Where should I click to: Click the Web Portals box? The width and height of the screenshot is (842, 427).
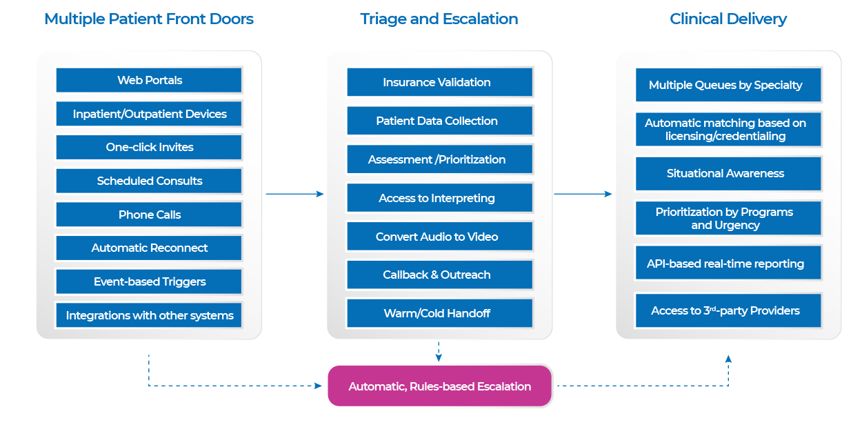pos(149,80)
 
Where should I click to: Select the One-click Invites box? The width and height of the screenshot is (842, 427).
pos(149,147)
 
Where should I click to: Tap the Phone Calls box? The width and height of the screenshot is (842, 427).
pos(149,215)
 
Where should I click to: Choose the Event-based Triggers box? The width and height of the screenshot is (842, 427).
pos(149,281)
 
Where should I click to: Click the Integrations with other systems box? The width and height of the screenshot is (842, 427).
pos(149,315)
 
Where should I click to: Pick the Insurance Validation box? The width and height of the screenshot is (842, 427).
pos(439,82)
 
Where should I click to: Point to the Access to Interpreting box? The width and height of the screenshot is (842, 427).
pos(439,198)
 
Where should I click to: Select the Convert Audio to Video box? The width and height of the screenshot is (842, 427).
pos(439,237)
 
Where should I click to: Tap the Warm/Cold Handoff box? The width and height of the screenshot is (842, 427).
pos(439,313)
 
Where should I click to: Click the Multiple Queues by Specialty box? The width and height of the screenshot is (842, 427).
pos(728,85)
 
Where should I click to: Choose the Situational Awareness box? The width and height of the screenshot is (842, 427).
pos(728,173)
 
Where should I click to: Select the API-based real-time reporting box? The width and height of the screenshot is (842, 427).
pos(728,264)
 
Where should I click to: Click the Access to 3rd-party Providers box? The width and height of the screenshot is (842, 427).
pos(728,310)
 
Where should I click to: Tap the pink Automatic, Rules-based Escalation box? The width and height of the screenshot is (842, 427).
pos(439,386)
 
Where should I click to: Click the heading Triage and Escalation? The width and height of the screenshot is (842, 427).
pos(439,19)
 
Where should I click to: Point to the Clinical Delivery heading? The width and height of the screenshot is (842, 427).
pos(728,19)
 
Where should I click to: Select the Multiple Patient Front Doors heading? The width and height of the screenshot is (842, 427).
pos(149,19)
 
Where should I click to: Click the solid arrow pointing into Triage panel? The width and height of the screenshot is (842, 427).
pos(294,194)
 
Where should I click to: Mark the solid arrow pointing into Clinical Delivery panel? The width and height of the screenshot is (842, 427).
pos(583,194)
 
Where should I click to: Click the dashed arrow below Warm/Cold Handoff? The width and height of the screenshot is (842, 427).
pos(439,351)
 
